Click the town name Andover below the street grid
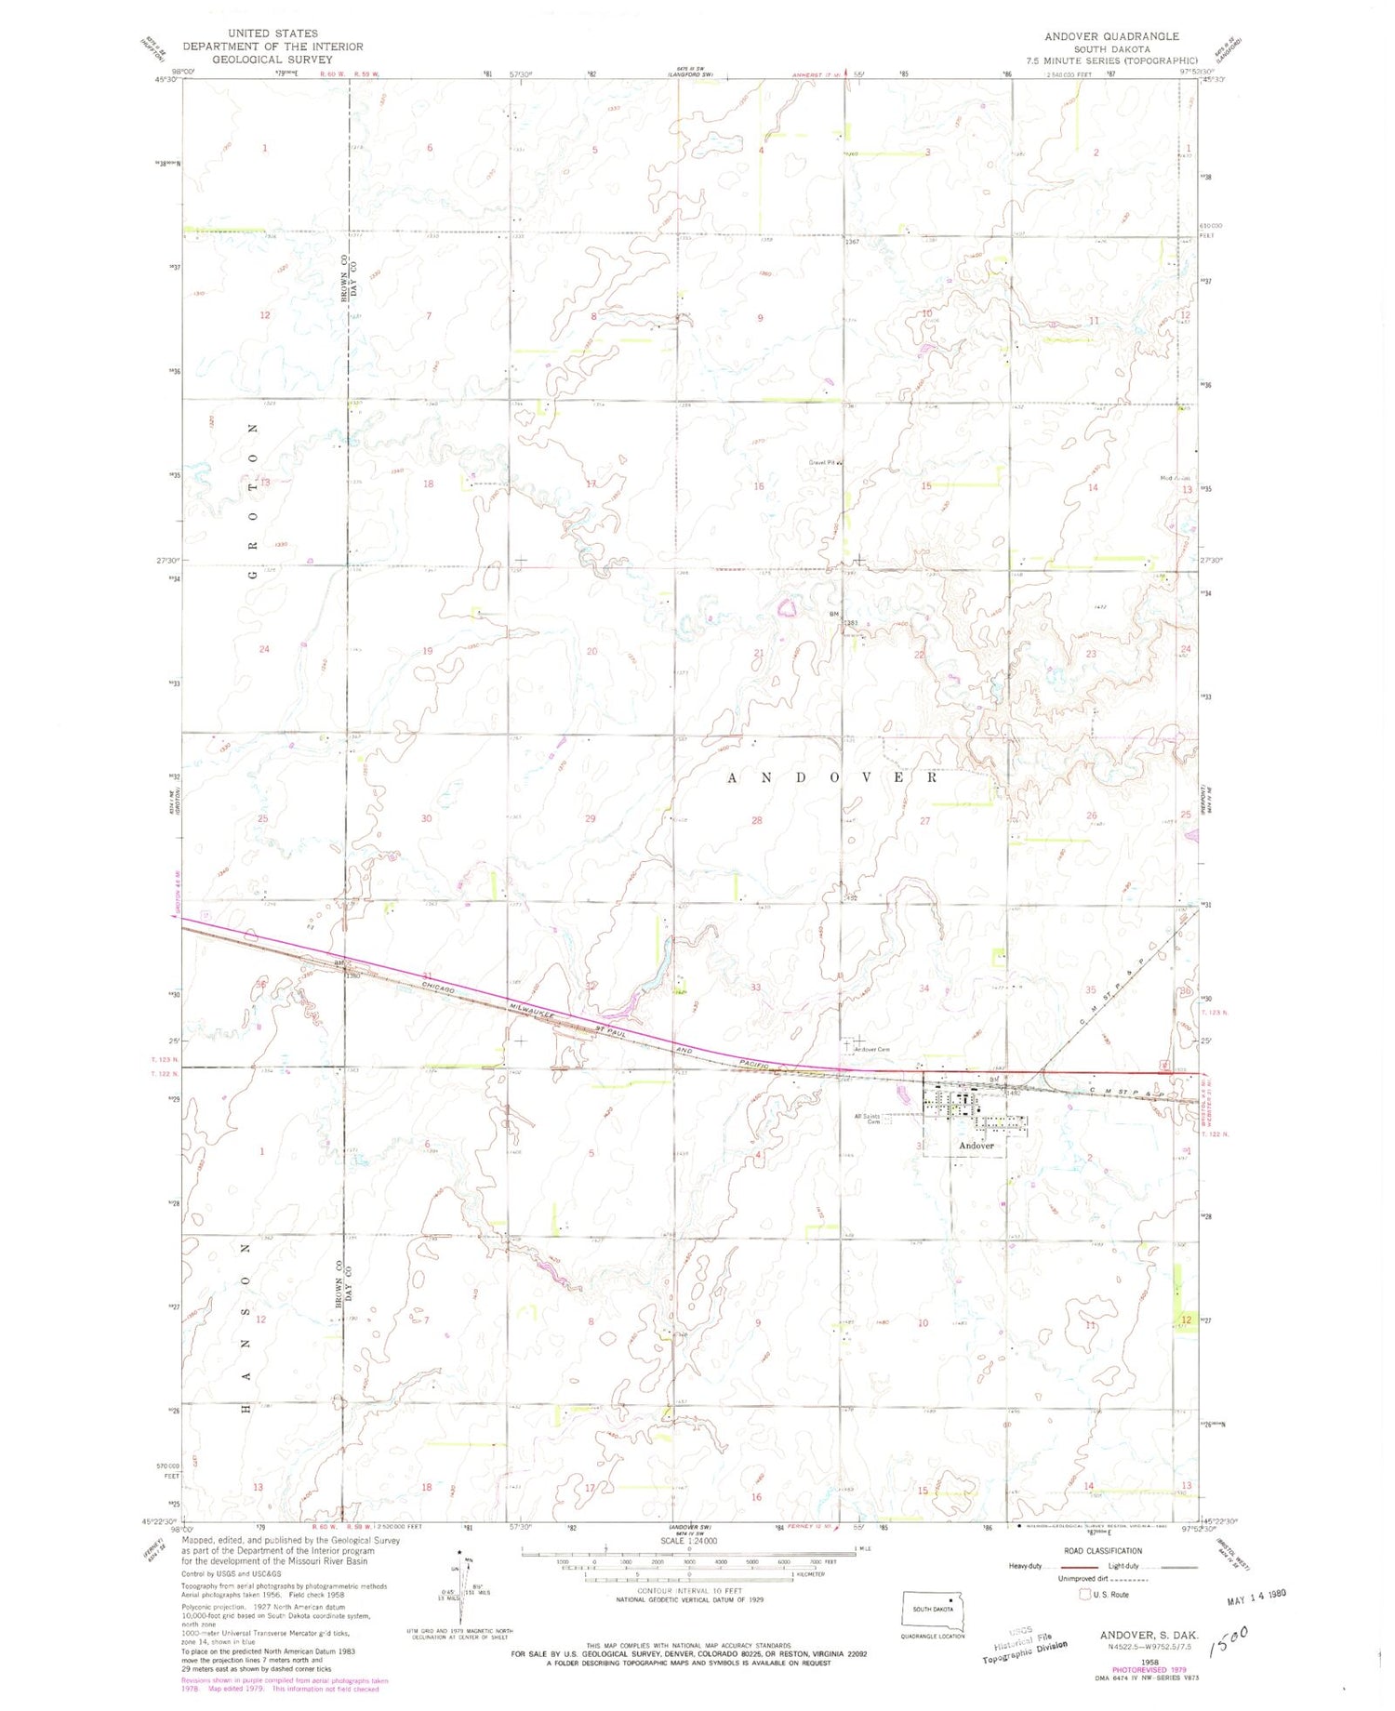pos(976,1146)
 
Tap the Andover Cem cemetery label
pos(872,1050)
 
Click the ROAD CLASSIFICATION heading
pos(1103,1551)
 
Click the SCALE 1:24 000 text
pos(688,1540)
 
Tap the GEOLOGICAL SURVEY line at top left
pos(272,59)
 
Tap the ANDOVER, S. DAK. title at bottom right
pos(1148,1634)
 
